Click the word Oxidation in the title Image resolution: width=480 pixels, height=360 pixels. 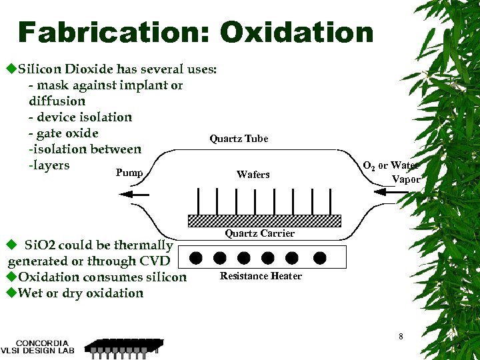point(297,32)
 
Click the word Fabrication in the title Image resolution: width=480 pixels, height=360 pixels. point(113,32)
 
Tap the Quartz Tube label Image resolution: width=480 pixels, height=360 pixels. point(239,139)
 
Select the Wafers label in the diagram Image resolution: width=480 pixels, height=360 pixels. point(253,175)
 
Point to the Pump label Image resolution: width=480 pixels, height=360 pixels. point(129,173)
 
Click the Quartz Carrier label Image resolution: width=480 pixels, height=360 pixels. point(259,233)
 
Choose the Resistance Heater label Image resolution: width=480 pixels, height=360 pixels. point(261,276)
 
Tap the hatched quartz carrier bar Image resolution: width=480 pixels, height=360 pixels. point(265,221)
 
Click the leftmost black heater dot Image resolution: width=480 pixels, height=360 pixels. point(196,257)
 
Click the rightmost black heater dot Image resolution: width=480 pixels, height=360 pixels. point(319,257)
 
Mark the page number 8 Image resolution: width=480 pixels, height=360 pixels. point(401,337)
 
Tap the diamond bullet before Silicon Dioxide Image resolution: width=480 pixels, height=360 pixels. point(11,69)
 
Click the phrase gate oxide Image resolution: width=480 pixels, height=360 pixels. point(67,133)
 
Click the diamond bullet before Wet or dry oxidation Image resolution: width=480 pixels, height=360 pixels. point(11,293)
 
